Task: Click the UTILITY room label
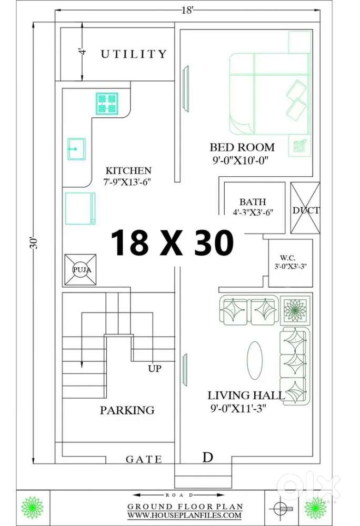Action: [134, 54]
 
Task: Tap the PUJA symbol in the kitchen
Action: [81, 269]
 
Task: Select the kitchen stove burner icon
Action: [107, 103]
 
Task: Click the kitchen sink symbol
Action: [76, 149]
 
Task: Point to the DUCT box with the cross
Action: [305, 209]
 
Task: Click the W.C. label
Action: [287, 258]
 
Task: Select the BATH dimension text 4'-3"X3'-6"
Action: [253, 212]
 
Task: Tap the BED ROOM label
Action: [235, 147]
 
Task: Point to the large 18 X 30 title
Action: [172, 243]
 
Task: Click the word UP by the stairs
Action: [155, 369]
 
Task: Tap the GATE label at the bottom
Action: [144, 459]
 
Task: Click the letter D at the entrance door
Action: [208, 458]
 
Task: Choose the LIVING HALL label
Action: [246, 395]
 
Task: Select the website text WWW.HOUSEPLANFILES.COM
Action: [184, 516]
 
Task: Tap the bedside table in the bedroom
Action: [299, 146]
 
